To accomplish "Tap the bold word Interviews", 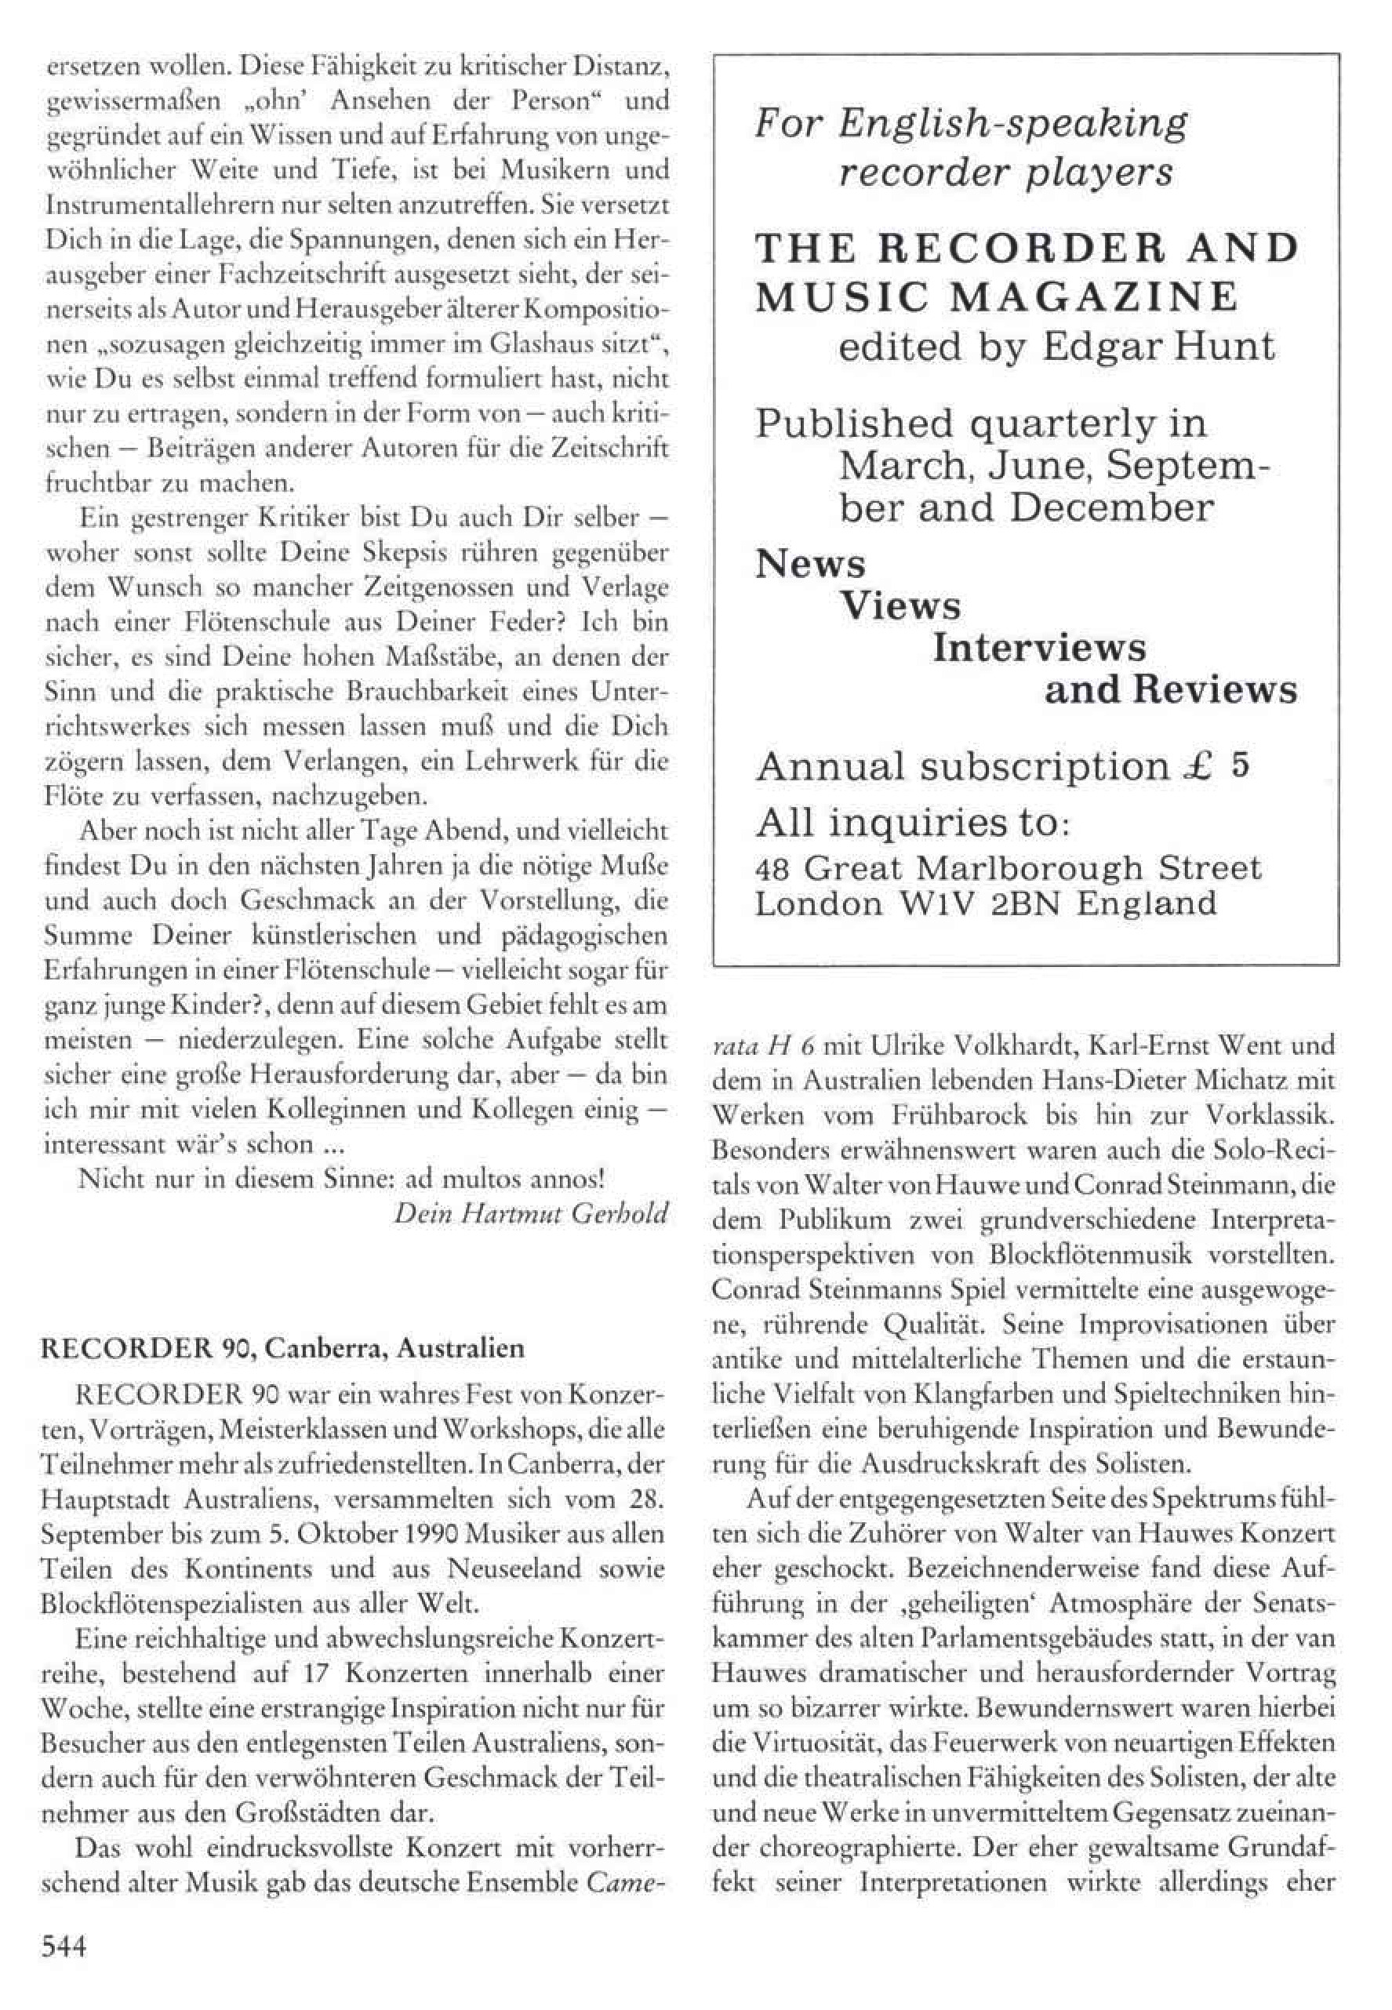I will pyautogui.click(x=1040, y=648).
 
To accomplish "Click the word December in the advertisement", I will pyautogui.click(x=1111, y=507).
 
